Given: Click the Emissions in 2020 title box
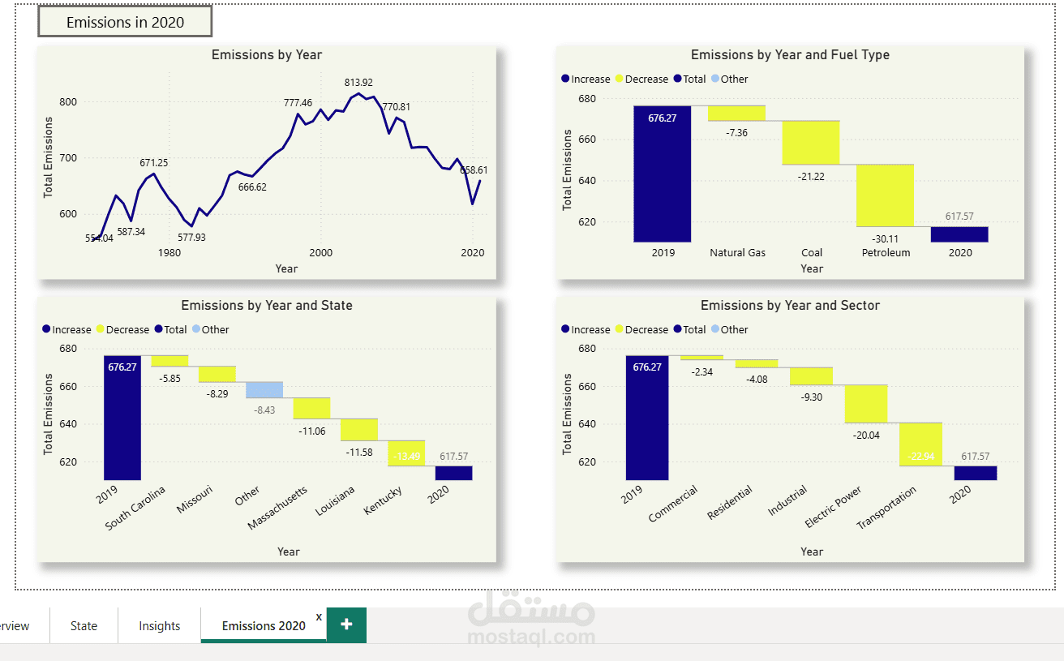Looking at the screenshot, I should tap(125, 22).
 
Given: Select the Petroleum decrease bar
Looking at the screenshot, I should tap(885, 195).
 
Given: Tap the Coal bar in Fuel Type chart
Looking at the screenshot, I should tap(810, 143).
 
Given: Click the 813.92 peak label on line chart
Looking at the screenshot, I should tap(358, 83).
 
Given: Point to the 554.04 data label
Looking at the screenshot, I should tap(99, 238).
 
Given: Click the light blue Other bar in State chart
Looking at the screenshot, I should tap(264, 390).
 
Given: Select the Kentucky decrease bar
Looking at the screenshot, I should tap(406, 453).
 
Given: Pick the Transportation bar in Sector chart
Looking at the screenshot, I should tap(920, 444).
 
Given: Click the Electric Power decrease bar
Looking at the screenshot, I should tap(866, 404).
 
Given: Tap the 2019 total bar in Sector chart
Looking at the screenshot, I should tap(647, 418).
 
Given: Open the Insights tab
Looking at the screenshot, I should tap(159, 626).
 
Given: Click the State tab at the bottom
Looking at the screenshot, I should tap(84, 626).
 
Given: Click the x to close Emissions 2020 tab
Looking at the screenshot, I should tap(319, 617).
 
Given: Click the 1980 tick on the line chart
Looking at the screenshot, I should tap(169, 253).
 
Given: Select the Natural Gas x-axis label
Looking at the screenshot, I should tap(737, 253).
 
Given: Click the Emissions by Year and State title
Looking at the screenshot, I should tap(267, 306).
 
